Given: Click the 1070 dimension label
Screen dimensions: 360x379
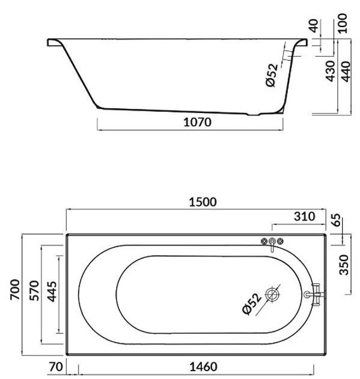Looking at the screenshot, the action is [x=197, y=122].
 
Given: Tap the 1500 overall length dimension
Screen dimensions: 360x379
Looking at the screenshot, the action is [x=203, y=202].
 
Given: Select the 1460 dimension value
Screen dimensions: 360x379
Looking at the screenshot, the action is [x=203, y=367].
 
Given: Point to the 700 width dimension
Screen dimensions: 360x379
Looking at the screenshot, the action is [x=15, y=289].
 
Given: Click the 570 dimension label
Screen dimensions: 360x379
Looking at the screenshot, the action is [x=34, y=291].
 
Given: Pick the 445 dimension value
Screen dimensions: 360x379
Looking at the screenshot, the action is [x=52, y=292].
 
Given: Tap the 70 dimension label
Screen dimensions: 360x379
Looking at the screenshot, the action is [x=56, y=367].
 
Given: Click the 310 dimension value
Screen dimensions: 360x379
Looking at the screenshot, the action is [x=305, y=217].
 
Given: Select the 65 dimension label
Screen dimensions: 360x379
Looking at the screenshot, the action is [x=337, y=220].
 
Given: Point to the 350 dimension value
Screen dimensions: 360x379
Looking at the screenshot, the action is [x=344, y=265].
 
